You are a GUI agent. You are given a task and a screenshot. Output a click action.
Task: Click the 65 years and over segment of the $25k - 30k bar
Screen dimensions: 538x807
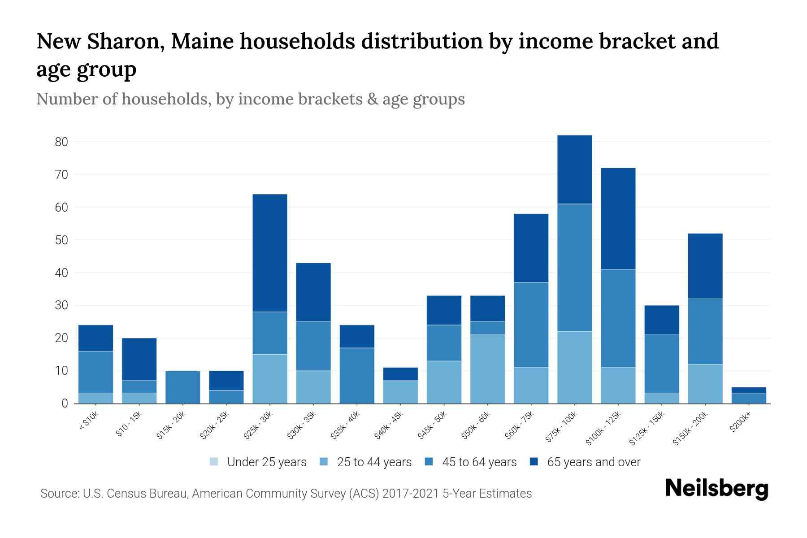pos(270,253)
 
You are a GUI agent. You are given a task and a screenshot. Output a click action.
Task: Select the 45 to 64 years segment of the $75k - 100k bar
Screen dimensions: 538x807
pos(574,268)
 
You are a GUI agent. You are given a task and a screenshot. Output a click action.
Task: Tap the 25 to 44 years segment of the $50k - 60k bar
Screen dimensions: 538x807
pos(487,369)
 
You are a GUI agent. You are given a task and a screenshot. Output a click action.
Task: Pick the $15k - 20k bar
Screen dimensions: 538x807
pos(183,387)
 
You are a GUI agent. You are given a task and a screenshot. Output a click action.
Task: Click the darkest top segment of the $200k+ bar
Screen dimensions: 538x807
pos(749,390)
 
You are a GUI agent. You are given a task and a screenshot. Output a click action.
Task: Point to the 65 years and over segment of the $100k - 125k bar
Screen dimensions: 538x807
pos(618,218)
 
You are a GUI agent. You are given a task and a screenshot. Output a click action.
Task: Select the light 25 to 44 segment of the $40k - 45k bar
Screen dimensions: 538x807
pos(400,392)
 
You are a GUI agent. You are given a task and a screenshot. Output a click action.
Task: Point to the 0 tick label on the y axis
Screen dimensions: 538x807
pos(65,403)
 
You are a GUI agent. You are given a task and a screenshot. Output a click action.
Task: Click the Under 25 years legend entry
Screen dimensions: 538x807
pos(266,462)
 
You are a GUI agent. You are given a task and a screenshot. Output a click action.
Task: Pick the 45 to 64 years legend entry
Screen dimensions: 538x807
pos(479,462)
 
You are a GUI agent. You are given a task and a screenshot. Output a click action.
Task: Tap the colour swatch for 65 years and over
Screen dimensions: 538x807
pos(534,462)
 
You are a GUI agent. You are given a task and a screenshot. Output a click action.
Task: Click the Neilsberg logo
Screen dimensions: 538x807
pos(716,489)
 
